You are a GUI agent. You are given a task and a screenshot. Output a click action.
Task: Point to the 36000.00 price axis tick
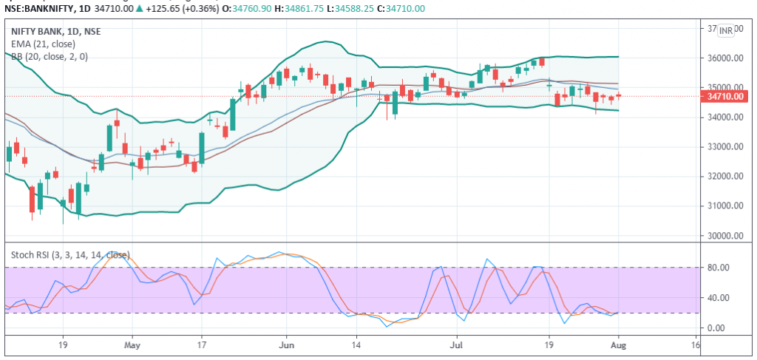tap(725, 58)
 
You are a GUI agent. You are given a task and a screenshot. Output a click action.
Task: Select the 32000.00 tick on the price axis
tap(725, 177)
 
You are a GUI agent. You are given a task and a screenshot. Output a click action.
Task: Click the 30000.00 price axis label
tap(725, 236)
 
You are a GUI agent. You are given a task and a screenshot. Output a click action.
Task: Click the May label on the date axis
tap(132, 344)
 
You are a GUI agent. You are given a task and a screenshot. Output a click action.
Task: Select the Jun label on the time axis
tap(287, 344)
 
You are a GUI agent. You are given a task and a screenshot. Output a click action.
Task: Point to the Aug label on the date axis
tap(618, 344)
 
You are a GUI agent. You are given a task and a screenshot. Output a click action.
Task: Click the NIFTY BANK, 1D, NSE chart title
tap(55, 31)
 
